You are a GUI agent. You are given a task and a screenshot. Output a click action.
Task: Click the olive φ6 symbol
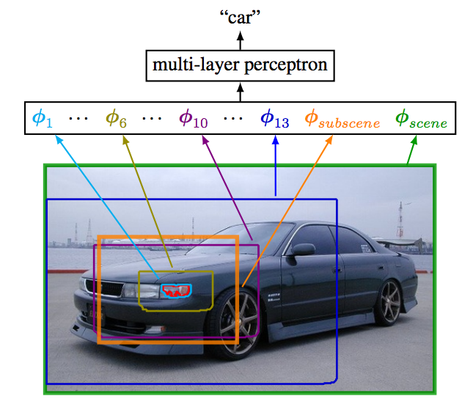[x=117, y=117]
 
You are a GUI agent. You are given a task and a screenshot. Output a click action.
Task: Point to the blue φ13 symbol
[x=276, y=118]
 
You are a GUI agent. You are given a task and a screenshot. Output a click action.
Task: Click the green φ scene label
[x=421, y=118]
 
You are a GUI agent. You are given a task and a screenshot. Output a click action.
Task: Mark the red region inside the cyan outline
[x=175, y=291]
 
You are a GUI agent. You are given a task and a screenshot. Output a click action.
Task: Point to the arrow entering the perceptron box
[x=240, y=92]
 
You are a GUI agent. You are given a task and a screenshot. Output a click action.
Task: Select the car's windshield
[x=264, y=238]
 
